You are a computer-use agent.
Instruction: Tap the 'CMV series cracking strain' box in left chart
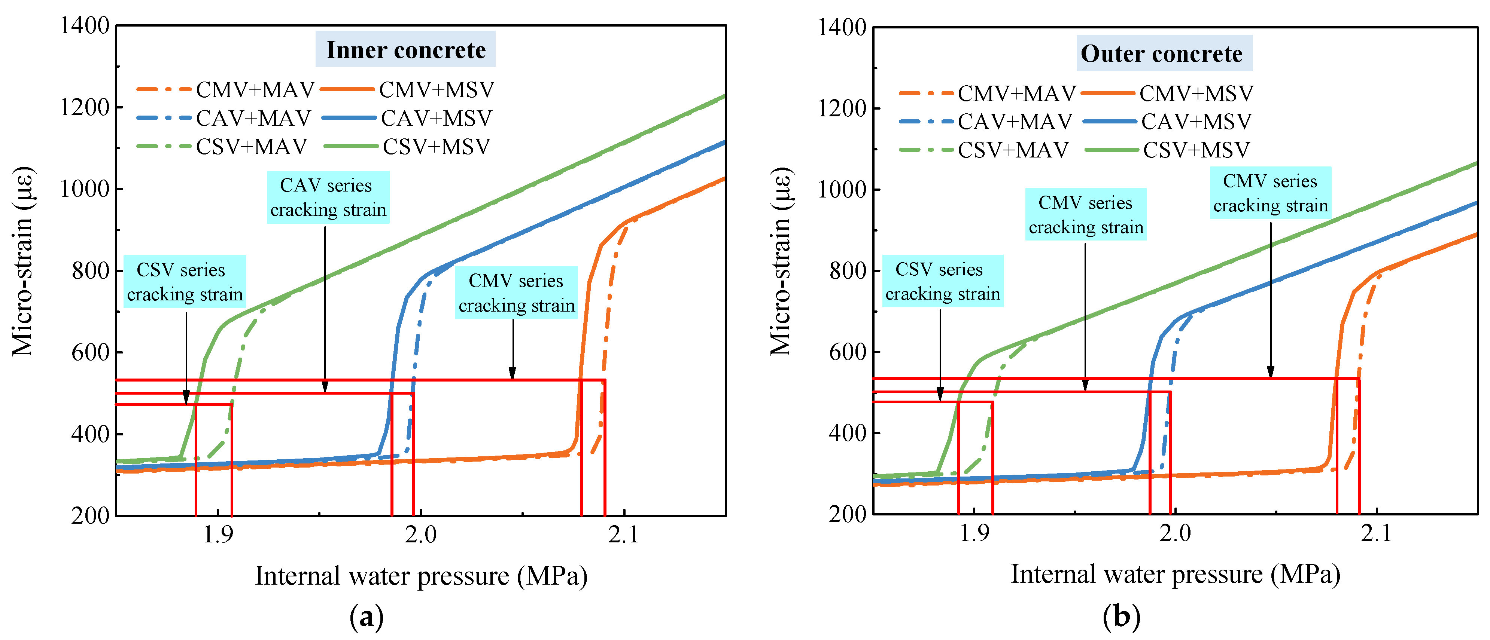pyautogui.click(x=516, y=293)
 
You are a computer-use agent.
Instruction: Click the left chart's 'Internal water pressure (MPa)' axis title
pyautogui.click(x=421, y=576)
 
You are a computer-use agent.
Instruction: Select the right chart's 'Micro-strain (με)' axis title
pyautogui.click(x=781, y=261)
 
